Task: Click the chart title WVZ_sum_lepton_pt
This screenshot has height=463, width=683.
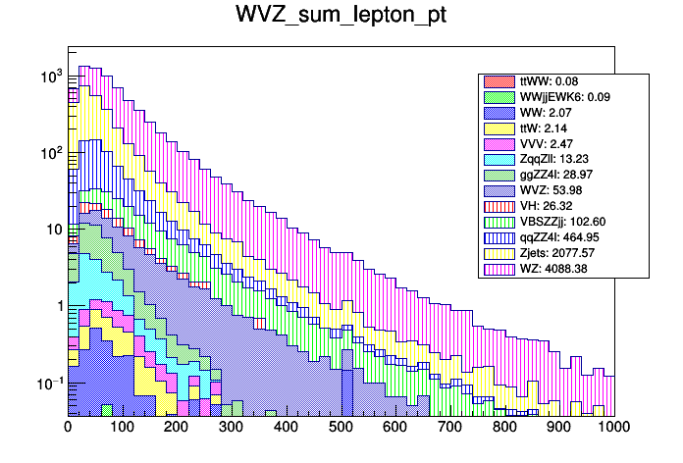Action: coord(341,17)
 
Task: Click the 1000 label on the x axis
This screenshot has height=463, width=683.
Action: coord(614,428)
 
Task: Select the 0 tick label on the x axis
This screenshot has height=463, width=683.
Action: coord(68,428)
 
